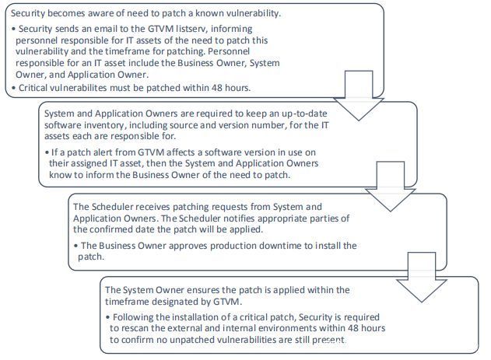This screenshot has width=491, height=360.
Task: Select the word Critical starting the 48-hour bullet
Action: (37, 88)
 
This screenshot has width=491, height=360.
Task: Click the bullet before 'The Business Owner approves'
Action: (75, 246)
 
